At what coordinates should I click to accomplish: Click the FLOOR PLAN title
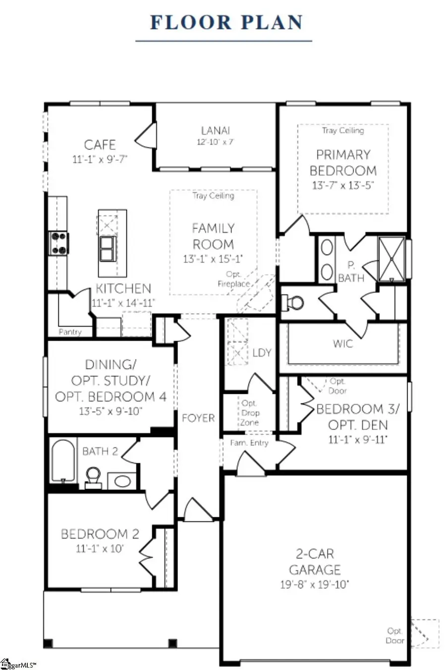(226, 23)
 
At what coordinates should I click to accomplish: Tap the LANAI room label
(215, 130)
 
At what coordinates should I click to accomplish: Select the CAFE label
(100, 145)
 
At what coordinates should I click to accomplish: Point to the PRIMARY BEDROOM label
(343, 162)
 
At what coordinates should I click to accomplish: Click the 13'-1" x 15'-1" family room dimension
(213, 258)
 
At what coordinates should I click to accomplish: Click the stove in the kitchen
(58, 243)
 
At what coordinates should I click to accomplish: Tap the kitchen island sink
(108, 248)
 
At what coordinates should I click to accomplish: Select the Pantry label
(70, 332)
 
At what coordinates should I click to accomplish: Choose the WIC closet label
(343, 343)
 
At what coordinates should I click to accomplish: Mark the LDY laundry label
(262, 353)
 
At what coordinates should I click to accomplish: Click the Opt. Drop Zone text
(250, 413)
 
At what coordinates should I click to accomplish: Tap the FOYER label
(198, 418)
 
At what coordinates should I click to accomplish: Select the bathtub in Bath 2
(62, 460)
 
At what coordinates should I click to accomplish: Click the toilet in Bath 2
(92, 477)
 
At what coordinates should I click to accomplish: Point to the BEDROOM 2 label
(100, 534)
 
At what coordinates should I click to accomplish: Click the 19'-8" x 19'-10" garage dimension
(315, 584)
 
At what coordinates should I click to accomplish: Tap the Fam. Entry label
(249, 443)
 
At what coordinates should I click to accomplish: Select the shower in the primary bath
(392, 259)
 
